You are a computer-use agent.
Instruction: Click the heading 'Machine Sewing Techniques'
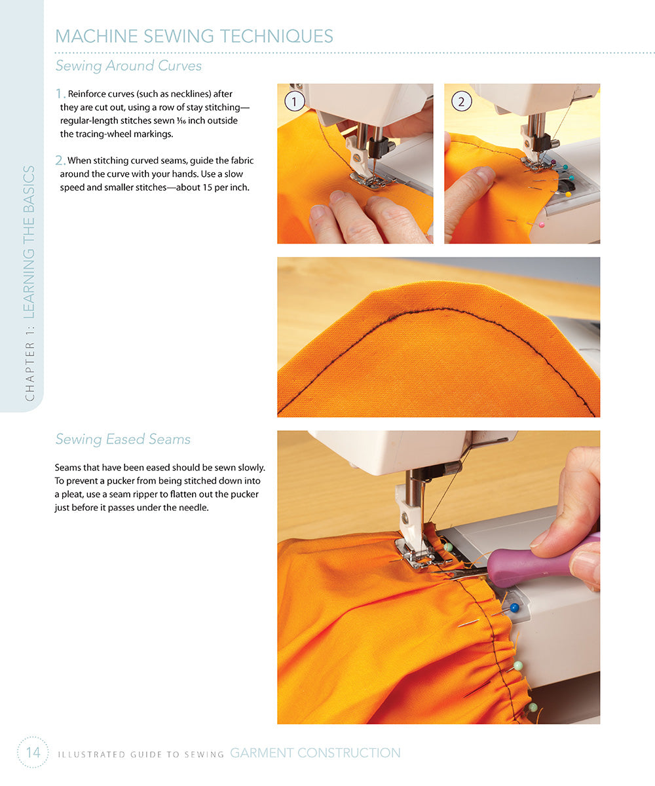194,36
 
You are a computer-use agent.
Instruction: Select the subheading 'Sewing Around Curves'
128,66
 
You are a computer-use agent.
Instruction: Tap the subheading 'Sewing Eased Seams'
123,439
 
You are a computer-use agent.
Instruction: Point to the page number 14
33,753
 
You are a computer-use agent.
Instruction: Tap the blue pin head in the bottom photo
514,608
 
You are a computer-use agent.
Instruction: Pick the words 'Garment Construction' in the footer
315,753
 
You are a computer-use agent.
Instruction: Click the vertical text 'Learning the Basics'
29,242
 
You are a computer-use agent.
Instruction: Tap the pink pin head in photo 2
541,225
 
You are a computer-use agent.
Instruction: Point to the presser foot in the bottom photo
413,553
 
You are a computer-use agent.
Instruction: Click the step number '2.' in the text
60,160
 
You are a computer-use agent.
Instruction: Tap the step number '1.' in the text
60,94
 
